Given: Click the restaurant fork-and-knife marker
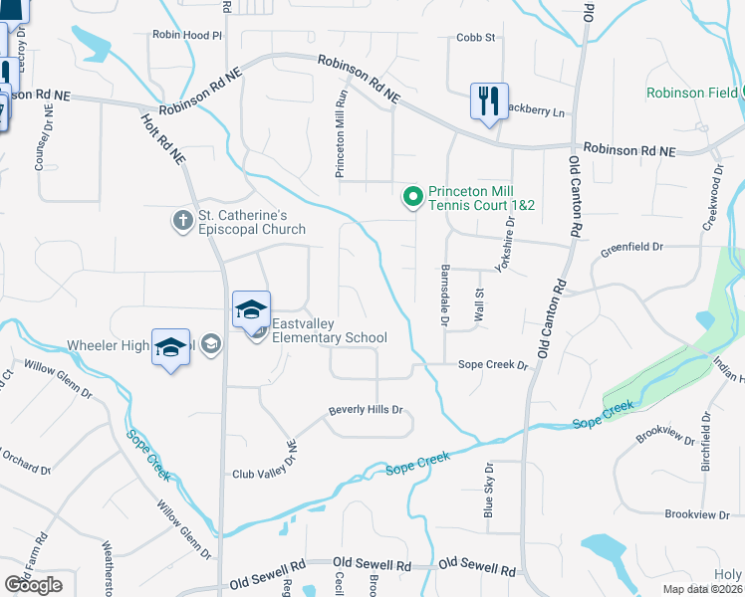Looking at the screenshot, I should tap(489, 101).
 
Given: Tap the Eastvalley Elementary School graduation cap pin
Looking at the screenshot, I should tap(251, 309).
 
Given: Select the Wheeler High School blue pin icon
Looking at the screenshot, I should tap(170, 347).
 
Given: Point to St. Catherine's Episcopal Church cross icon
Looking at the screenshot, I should tap(182, 221).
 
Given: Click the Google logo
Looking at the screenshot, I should tap(33, 585).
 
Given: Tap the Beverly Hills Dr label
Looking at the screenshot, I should tap(366, 410).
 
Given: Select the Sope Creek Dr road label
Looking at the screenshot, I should tap(492, 365).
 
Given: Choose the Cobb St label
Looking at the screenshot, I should tap(475, 38).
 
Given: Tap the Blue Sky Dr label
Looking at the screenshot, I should tap(488, 490).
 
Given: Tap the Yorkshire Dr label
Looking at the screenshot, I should tap(505, 247).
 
